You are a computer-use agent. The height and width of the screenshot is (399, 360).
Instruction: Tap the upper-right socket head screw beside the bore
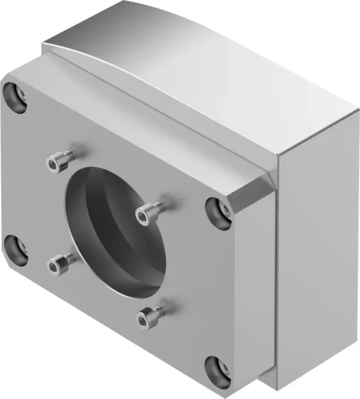coord(149,212)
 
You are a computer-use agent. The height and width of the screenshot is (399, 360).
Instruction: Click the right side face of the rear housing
coord(318,252)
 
